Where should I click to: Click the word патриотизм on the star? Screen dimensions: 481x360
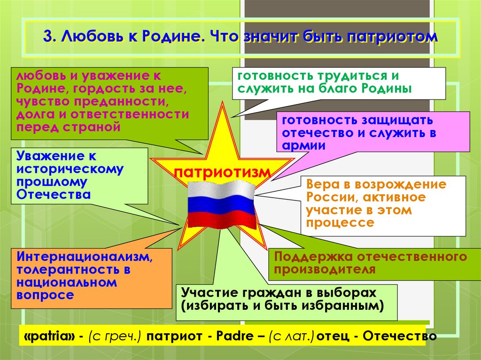click(223, 171)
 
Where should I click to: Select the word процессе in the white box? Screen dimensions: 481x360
click(340, 222)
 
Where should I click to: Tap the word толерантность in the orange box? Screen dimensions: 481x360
click(65, 270)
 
